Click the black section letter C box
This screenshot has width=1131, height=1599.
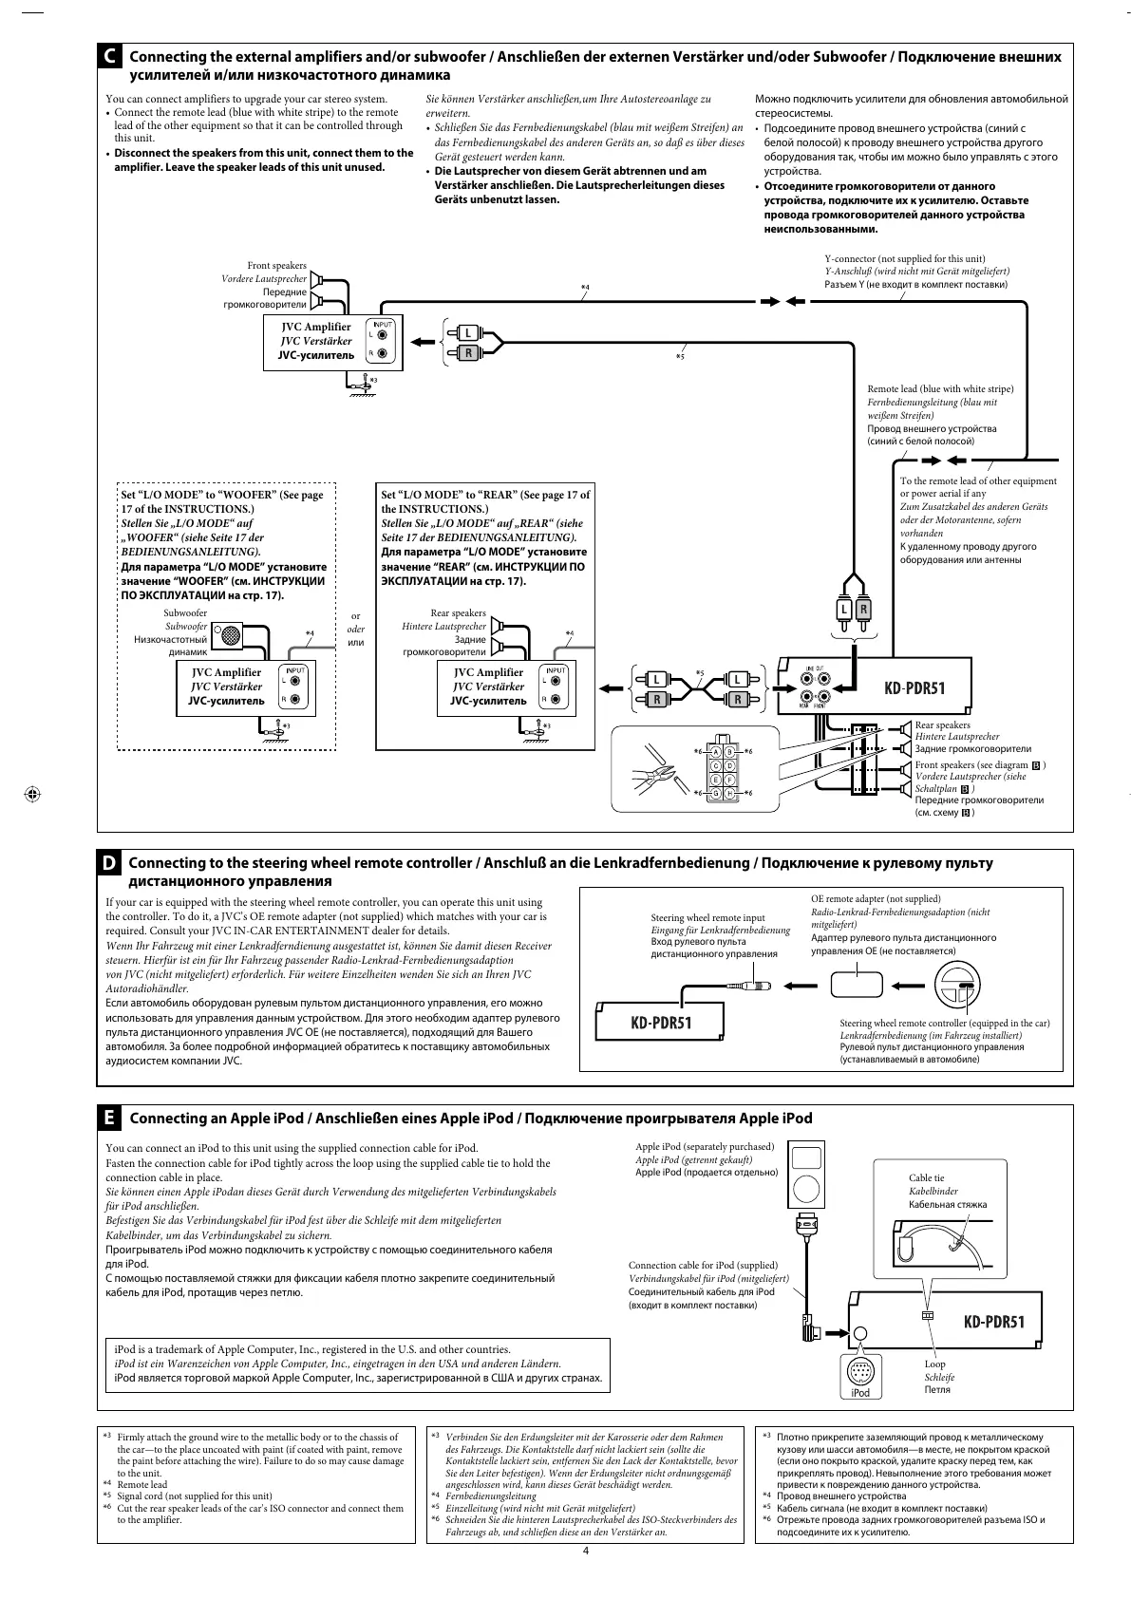tap(111, 58)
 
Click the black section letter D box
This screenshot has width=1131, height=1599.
tap(111, 863)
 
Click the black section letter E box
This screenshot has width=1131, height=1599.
tap(111, 1119)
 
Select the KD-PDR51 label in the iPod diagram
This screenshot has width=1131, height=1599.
tap(993, 1322)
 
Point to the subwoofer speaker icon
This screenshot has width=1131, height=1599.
tap(229, 636)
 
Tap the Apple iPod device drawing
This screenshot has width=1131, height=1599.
tap(805, 1176)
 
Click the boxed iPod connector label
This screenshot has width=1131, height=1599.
tap(859, 1392)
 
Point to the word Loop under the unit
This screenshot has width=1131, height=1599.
tap(934, 1364)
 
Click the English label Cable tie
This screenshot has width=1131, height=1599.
tap(926, 1177)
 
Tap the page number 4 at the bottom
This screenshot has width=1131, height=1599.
tap(585, 1552)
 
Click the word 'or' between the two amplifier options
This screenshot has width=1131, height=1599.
tap(356, 616)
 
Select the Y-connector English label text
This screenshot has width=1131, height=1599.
tap(904, 258)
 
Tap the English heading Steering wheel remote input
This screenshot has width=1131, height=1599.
tap(707, 918)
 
